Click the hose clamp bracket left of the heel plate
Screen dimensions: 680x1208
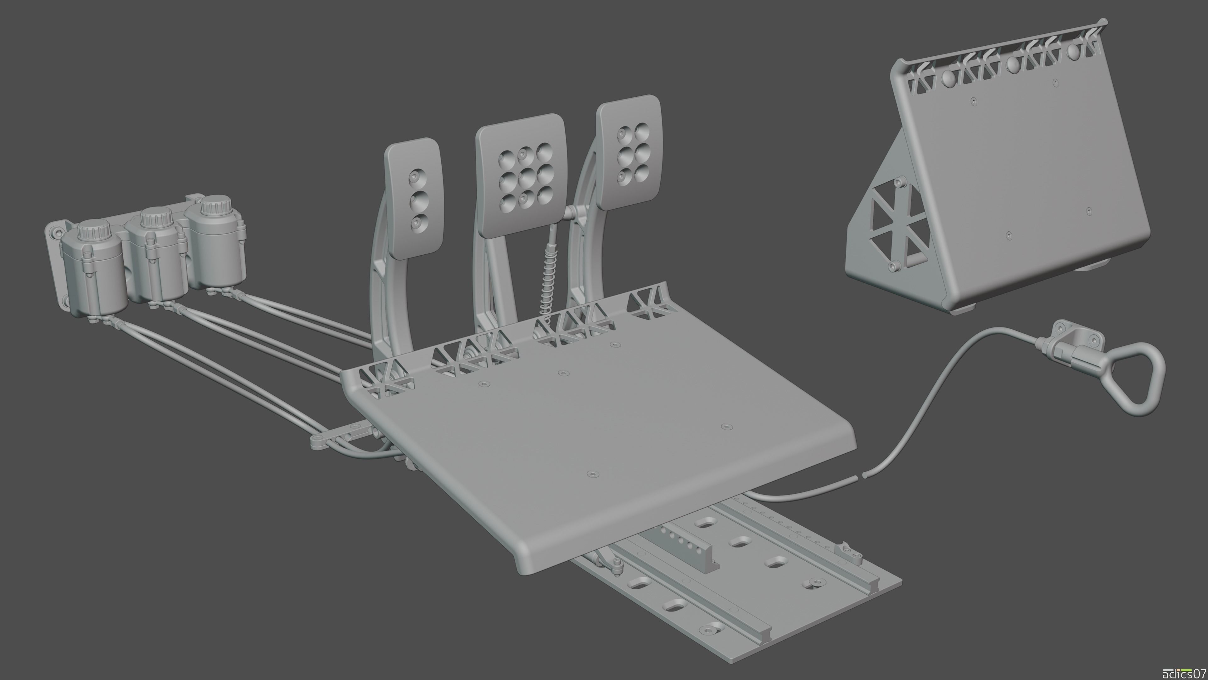click(338, 436)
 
